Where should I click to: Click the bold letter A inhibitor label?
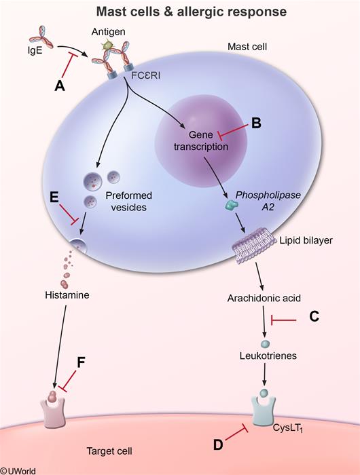60,86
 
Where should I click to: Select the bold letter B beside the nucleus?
256,123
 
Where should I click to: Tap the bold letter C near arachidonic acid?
314,316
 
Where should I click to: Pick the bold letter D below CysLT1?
218,445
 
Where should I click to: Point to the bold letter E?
54,197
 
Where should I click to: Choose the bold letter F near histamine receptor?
81,362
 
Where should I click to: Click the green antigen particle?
107,45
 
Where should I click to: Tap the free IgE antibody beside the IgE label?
44,37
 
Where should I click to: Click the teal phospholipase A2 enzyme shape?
231,205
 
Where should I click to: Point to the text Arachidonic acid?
264,298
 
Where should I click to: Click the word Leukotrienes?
268,356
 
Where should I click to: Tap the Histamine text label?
67,294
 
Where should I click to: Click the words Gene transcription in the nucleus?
201,140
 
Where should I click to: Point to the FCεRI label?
145,75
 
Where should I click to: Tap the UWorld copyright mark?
18,471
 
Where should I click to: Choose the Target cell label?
109,451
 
